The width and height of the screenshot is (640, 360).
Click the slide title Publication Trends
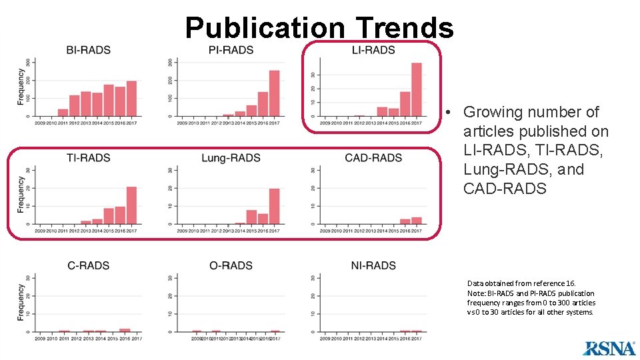coord(319,27)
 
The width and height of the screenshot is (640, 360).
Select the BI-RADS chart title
coord(89,50)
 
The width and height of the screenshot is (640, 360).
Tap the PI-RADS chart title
coord(231,50)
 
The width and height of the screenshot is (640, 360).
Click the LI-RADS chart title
coord(373,50)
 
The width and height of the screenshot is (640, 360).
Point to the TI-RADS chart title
coord(89,158)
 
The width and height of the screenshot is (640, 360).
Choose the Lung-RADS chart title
coord(231,158)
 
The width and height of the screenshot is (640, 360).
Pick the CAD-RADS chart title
coord(373,158)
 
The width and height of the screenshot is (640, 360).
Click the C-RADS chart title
coord(89,265)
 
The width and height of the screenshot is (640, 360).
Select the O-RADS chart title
coord(231,265)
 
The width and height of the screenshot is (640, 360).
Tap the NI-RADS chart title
coord(373,265)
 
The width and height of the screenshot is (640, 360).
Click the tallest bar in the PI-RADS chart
coord(274,93)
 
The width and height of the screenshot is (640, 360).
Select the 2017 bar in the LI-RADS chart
coord(417,89)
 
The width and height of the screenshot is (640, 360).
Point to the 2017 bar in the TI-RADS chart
coord(131,205)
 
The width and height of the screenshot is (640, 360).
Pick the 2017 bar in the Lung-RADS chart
coord(274,206)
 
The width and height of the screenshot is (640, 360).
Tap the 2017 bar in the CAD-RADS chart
coord(417,221)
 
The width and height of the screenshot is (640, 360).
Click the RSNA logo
coord(609,347)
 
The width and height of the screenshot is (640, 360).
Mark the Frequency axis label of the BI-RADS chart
coord(21,88)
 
